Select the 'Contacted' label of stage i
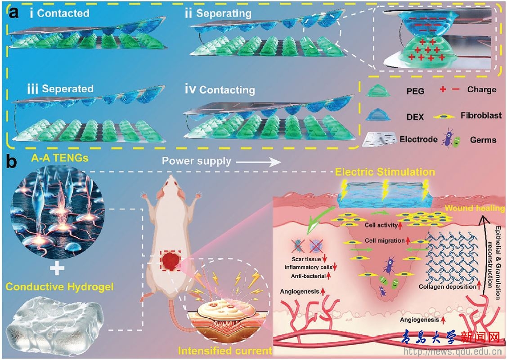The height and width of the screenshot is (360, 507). [63, 13]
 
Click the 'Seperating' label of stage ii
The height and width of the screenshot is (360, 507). [224, 13]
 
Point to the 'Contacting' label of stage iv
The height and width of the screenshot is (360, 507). [227, 89]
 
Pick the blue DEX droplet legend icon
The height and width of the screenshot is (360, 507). [378, 115]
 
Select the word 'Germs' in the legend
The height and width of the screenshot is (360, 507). [484, 140]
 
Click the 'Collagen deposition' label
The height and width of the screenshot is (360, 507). [447, 287]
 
